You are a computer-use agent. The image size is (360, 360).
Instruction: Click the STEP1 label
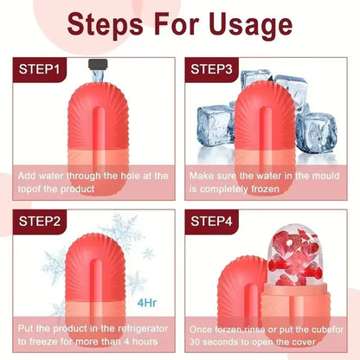point(41,68)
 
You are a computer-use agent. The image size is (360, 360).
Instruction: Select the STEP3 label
point(217,68)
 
